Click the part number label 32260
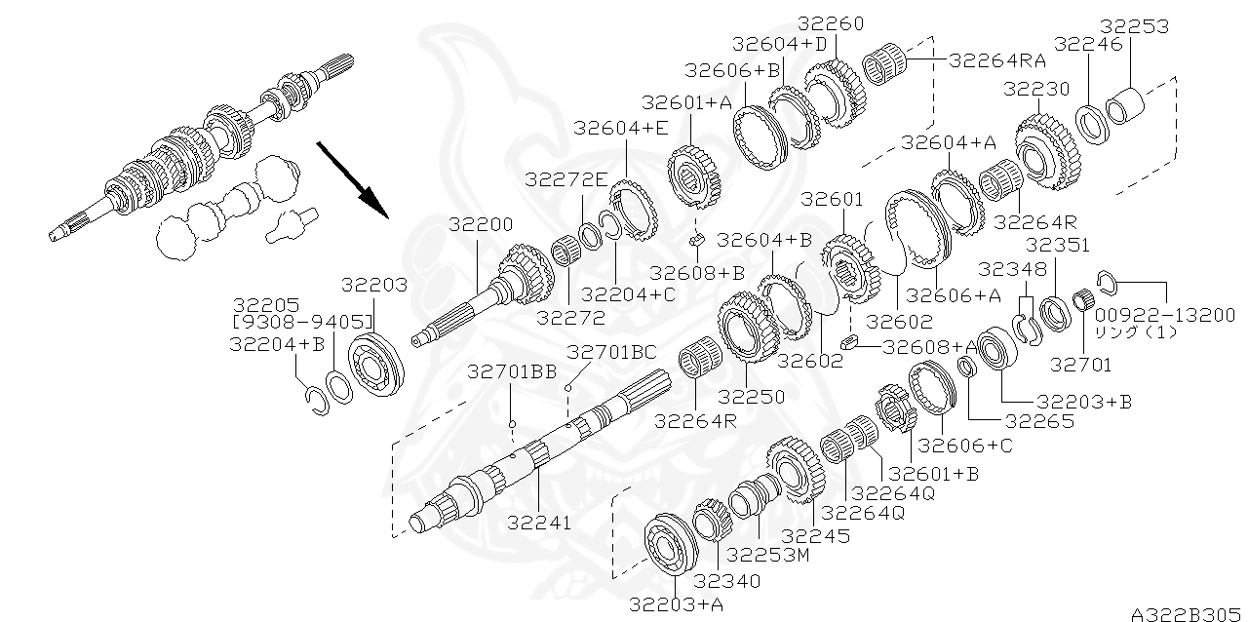coord(831,23)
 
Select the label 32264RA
coord(996,60)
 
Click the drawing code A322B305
coord(1188,614)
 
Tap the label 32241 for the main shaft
coord(539,523)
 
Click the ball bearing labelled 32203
coord(376,363)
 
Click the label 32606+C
coord(965,445)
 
